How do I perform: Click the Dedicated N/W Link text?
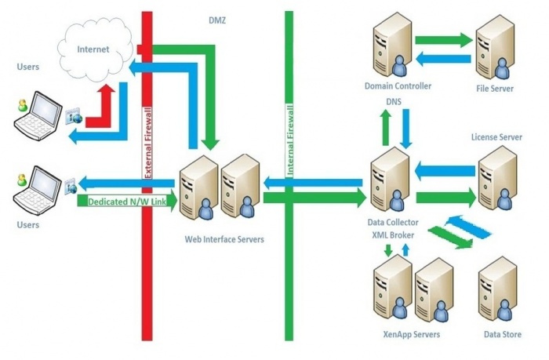126,202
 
